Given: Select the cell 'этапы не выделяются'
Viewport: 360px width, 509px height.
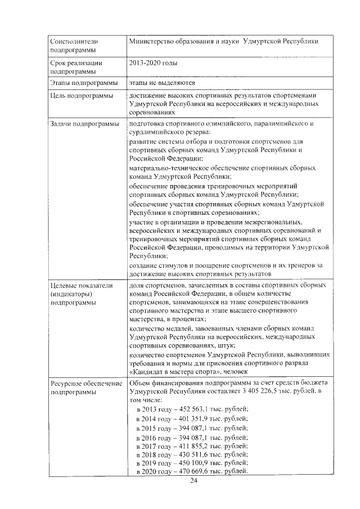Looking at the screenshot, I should coord(162,83).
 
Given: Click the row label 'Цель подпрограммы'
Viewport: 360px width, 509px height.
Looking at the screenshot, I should coord(81,96).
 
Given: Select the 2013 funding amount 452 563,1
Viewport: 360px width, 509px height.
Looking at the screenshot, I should coord(192,409).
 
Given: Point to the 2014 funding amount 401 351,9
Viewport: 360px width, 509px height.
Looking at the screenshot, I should coord(192,418).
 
